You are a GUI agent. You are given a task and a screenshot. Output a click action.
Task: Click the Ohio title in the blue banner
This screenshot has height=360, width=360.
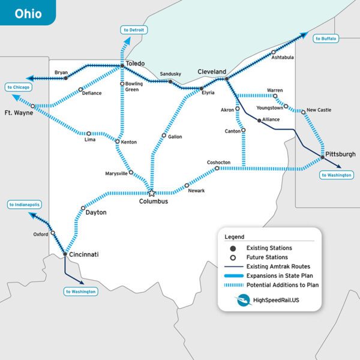(x=28, y=13)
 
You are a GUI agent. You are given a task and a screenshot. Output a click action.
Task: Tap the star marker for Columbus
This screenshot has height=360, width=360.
(x=151, y=193)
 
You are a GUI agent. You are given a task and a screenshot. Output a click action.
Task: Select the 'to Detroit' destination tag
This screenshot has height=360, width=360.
(x=134, y=29)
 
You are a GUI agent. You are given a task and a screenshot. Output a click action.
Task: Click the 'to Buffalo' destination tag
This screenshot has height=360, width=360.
(x=326, y=38)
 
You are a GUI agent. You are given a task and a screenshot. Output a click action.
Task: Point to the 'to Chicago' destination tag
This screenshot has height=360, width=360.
(x=19, y=87)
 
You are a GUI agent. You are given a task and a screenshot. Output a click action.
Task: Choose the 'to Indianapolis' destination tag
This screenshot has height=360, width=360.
(x=25, y=205)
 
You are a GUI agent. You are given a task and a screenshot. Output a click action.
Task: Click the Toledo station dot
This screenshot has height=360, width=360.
(x=122, y=65)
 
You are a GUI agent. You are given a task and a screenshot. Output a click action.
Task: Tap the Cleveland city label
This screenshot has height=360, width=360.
(x=212, y=71)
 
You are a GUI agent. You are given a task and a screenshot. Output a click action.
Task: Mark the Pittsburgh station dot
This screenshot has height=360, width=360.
(x=323, y=157)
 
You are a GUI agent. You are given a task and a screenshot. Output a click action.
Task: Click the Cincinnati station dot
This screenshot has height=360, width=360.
(x=65, y=254)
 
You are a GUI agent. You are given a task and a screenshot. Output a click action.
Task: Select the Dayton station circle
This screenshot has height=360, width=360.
(x=83, y=208)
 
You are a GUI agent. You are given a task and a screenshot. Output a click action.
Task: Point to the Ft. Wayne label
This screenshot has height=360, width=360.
(x=17, y=112)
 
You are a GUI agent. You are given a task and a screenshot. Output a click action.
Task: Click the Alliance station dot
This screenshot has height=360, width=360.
(x=259, y=120)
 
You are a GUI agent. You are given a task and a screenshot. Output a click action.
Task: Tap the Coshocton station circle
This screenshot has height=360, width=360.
(x=217, y=169)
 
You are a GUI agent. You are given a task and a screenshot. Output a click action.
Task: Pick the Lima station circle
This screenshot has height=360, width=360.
(x=88, y=133)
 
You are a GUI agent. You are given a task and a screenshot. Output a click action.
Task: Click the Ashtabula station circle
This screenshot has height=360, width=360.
(x=274, y=52)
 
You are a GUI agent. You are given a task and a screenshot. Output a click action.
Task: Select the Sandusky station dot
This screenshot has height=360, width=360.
(x=170, y=82)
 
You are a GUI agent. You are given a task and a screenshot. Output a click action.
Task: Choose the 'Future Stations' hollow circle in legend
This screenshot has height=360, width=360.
(x=233, y=257)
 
